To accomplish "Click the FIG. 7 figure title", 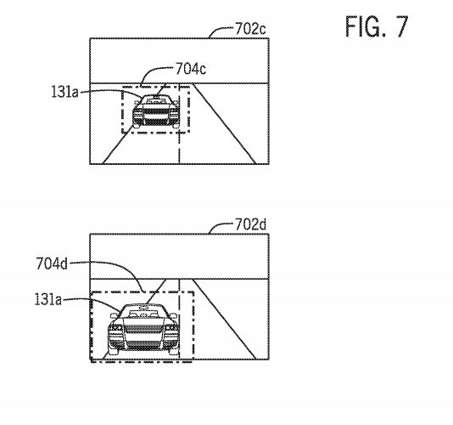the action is (377, 26).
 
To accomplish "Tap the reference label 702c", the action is (250, 29).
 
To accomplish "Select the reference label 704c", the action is (191, 69).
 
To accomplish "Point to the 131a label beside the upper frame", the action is (65, 92).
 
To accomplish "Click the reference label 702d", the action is (250, 224).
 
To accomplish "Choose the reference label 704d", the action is (52, 263).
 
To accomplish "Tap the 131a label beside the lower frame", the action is (48, 299).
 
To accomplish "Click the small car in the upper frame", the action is (156, 111).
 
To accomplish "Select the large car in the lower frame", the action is (143, 329).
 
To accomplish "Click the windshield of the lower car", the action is (143, 314).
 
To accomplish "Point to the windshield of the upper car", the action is (156, 101).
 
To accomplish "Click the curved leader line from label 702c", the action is (220, 31).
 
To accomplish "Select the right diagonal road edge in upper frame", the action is (224, 124).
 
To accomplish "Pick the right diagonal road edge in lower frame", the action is (224, 320).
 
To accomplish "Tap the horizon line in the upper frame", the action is (179, 83).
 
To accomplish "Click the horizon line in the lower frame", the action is (179, 279).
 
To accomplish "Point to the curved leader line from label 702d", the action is (220, 226).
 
